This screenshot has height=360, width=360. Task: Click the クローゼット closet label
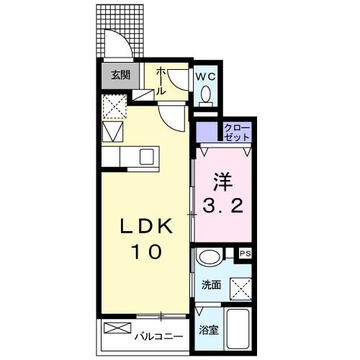pyautogui.click(x=236, y=132)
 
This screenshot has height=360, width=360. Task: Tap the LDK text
pyautogui.click(x=145, y=227)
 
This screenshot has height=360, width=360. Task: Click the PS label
pyautogui.click(x=245, y=253)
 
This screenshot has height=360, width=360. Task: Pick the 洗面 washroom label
pyautogui.click(x=210, y=284)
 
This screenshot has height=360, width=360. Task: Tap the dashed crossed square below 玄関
pyautogui.click(x=113, y=106)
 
